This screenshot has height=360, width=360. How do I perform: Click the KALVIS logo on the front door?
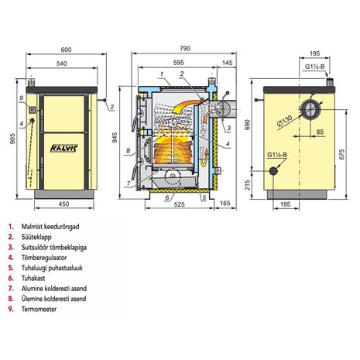point(63,148)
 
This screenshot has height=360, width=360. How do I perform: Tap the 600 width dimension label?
point(66,50)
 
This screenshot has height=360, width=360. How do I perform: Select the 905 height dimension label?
point(12,139)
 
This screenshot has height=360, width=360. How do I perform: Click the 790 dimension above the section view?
point(185,49)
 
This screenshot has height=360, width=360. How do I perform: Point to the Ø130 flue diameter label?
point(285,121)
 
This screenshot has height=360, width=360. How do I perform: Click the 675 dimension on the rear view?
point(341,154)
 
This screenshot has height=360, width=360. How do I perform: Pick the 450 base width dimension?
point(63,204)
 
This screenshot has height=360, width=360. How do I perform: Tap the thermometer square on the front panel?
point(32,110)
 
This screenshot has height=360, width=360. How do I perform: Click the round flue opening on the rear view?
point(310,109)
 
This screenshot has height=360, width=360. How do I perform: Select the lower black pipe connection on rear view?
point(273,171)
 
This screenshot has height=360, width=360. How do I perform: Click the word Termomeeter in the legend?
point(39,309)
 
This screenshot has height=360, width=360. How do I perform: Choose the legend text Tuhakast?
point(33,278)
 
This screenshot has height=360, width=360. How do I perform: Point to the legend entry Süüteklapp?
point(36,237)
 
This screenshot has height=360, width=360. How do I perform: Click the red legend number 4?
point(11,258)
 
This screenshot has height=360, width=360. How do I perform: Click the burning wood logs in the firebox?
point(173,152)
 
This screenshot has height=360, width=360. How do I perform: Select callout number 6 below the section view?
point(167,198)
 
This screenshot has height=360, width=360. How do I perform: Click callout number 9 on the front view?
point(22,98)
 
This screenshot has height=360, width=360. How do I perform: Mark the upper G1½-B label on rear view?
point(314,67)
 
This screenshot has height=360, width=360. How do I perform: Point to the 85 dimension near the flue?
point(320,132)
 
